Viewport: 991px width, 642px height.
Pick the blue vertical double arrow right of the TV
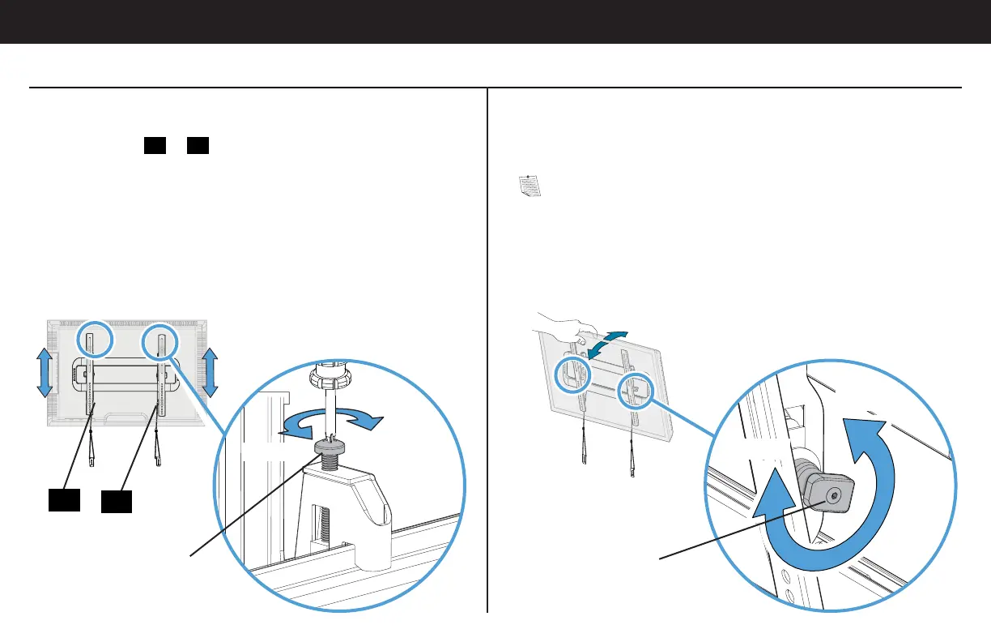(x=210, y=371)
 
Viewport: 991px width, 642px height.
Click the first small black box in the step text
(x=155, y=146)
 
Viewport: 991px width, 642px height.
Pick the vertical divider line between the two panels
(x=487, y=349)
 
